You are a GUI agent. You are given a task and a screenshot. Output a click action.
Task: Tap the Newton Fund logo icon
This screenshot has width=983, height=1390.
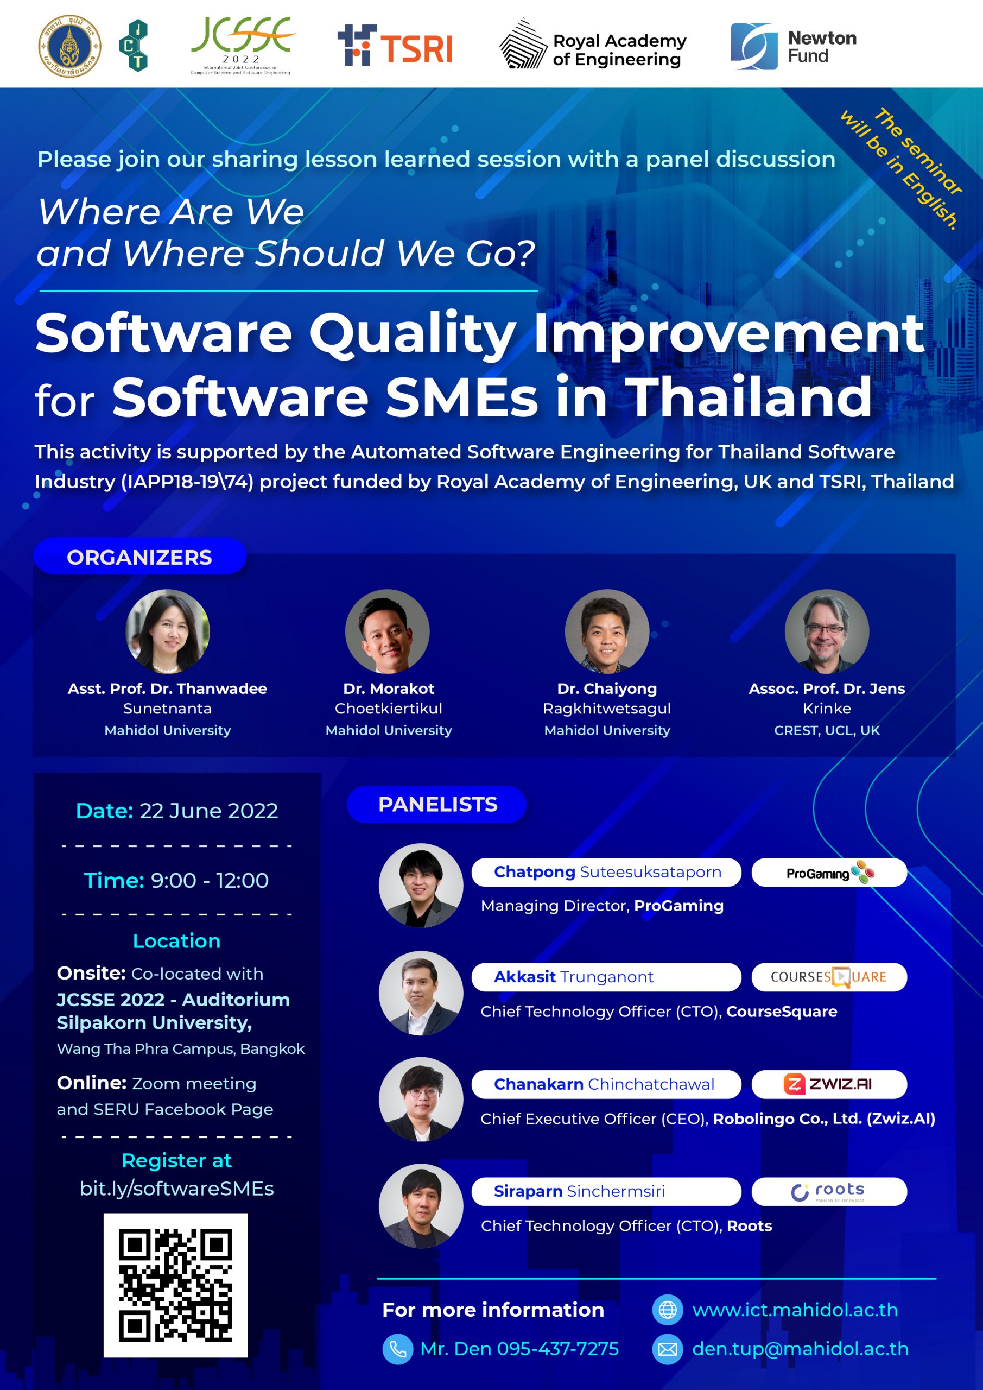coord(753,47)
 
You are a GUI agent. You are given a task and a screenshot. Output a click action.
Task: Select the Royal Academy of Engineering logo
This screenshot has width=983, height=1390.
coord(593,43)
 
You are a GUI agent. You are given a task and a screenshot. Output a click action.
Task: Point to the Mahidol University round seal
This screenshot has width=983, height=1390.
coord(69,46)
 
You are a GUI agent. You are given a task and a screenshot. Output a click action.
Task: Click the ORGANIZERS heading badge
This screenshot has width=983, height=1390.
coord(140,557)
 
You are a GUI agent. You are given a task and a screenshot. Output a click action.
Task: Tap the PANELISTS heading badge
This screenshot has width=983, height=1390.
coord(436,804)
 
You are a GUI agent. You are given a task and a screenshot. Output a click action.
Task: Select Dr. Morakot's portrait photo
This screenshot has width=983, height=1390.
coord(388,631)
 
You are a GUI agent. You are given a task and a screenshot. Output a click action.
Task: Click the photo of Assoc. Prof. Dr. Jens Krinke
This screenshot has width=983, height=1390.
coord(827,631)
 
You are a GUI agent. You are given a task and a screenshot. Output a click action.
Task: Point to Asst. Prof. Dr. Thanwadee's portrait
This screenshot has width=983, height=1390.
coord(168,631)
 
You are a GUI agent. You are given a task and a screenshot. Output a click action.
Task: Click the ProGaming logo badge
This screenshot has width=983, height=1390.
coord(829,873)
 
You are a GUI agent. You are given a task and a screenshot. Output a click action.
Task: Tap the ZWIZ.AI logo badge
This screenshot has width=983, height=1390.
coord(829,1084)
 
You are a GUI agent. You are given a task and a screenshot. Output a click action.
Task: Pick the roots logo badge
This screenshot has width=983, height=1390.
coord(829,1191)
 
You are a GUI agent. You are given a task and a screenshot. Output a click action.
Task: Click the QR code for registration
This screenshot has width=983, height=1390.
coord(175,1285)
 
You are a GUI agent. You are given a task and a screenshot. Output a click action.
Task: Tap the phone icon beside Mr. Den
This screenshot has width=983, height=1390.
coord(398,1349)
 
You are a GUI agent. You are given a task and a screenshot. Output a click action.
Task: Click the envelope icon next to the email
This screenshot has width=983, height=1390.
coord(668,1349)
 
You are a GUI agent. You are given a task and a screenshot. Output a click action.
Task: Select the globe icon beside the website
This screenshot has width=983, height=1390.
coord(668,1310)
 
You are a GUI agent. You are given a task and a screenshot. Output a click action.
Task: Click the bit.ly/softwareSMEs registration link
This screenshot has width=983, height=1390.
coord(177,1189)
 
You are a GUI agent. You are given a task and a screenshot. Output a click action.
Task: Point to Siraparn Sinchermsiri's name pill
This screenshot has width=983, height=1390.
coord(606,1191)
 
